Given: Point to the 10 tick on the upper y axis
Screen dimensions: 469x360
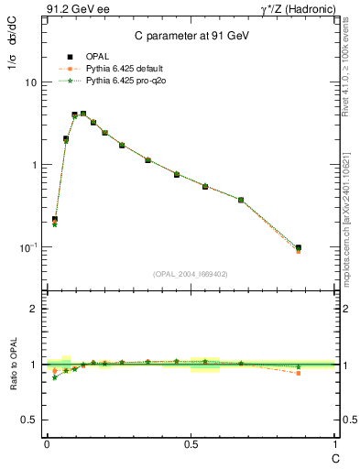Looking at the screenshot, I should (x=32, y=82).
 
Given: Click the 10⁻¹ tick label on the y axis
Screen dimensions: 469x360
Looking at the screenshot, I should (x=29, y=247).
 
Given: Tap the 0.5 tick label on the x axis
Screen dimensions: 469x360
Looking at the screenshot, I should (x=191, y=444).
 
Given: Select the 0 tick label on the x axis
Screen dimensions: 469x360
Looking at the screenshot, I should (x=47, y=444).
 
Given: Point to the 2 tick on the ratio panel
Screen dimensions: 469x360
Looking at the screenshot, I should (x=35, y=309).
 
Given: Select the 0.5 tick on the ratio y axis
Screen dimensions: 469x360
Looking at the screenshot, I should (x=31, y=420).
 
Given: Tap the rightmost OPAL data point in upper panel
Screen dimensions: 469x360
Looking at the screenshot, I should (x=299, y=247).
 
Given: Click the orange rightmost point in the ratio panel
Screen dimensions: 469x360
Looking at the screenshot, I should (x=299, y=373).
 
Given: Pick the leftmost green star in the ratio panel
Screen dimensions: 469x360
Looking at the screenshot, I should (x=55, y=376).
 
